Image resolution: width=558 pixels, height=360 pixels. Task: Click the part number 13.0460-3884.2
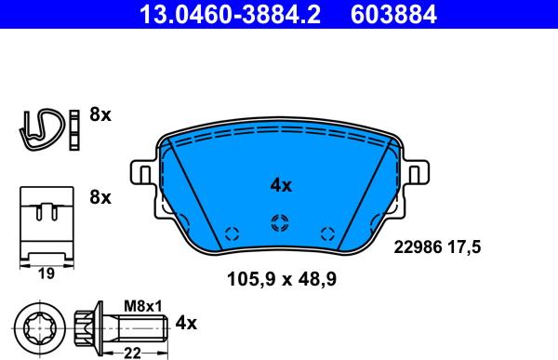(x=231, y=15)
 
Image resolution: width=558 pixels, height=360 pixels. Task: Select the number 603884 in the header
(x=393, y=15)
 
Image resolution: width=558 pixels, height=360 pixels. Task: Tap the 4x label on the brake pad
(x=281, y=185)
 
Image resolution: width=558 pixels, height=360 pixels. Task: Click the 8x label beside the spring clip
(x=100, y=114)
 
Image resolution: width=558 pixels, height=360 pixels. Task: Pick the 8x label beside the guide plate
(x=100, y=197)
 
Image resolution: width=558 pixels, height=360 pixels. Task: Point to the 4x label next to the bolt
(x=186, y=323)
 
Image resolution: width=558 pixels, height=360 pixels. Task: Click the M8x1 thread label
(x=142, y=306)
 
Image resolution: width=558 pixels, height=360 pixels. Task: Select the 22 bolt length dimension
(x=132, y=353)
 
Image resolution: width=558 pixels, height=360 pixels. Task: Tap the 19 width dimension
(x=46, y=273)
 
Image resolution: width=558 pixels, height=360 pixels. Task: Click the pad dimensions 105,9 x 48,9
(x=282, y=279)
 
